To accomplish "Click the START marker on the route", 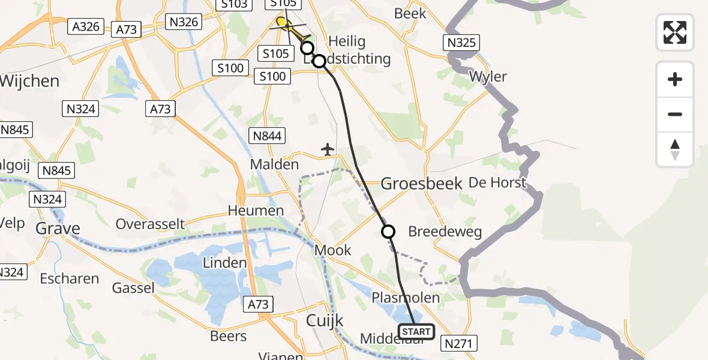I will (416, 332).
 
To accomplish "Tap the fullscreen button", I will (675, 32).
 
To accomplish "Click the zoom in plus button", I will (675, 79).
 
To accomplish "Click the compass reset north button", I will (675, 150).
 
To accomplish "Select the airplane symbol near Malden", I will (327, 149).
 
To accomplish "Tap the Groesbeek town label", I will (422, 184).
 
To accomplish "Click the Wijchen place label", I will (30, 81).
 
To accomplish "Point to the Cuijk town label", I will (325, 320).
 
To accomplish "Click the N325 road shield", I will (461, 43).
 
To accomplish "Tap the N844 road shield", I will (267, 136).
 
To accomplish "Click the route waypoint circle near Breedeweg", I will (388, 232).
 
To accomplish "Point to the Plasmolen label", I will (405, 298).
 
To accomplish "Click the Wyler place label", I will (488, 77).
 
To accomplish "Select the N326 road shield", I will (184, 22).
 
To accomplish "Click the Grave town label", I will (58, 228).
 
